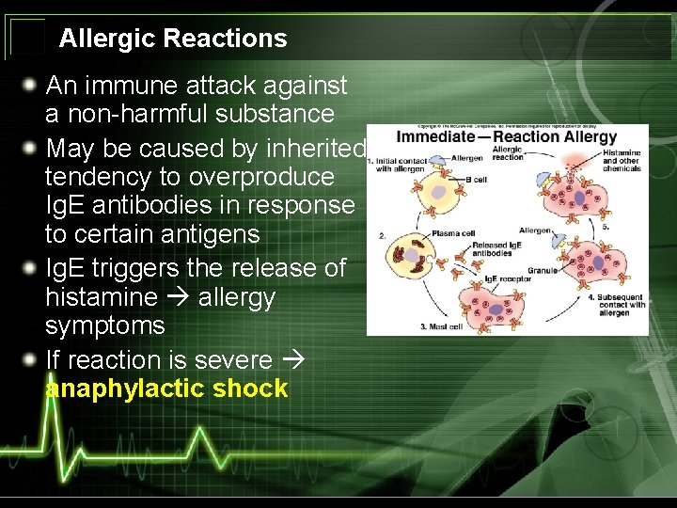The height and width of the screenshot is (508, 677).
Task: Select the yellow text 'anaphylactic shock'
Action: pyautogui.click(x=166, y=389)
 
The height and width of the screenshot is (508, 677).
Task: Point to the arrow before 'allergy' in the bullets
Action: pyautogui.click(x=176, y=298)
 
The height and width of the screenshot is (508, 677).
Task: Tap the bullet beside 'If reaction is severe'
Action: pyautogui.click(x=32, y=360)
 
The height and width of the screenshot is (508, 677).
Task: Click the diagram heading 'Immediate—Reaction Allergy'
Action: pyautogui.click(x=506, y=137)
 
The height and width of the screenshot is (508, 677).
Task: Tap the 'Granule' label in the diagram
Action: pyautogui.click(x=542, y=270)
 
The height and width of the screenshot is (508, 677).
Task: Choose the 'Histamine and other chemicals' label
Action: pyautogui.click(x=622, y=160)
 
